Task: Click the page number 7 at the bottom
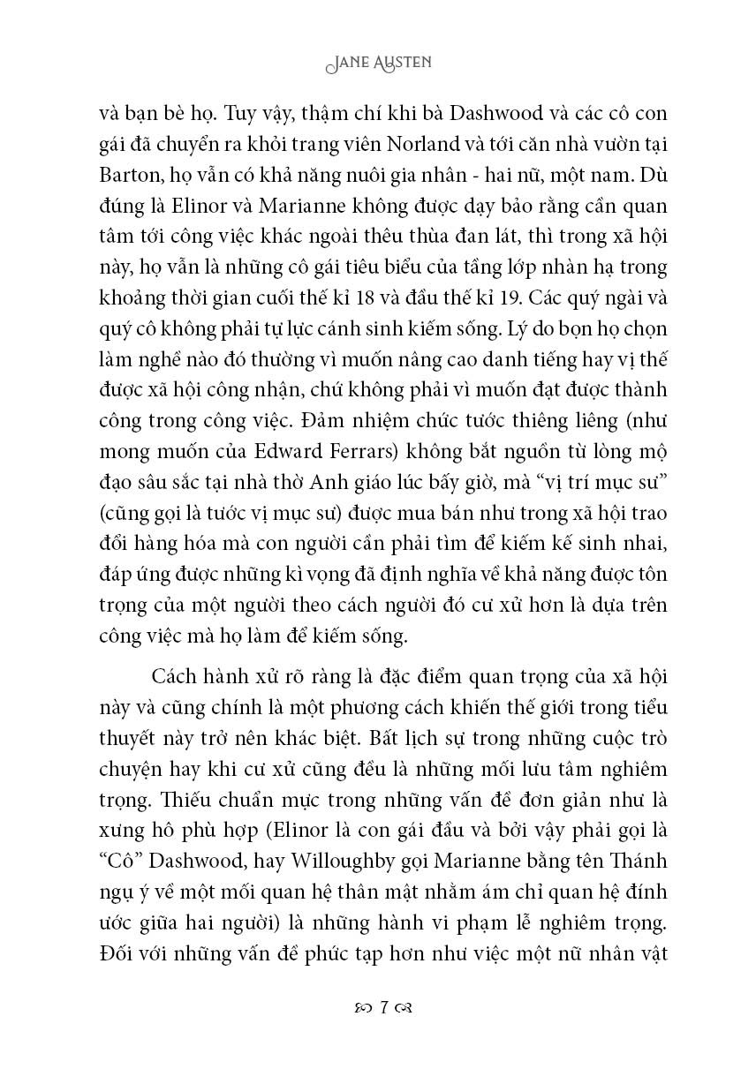[x=382, y=1006]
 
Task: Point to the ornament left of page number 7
[x=359, y=1007]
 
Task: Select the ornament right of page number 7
[x=406, y=1007]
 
